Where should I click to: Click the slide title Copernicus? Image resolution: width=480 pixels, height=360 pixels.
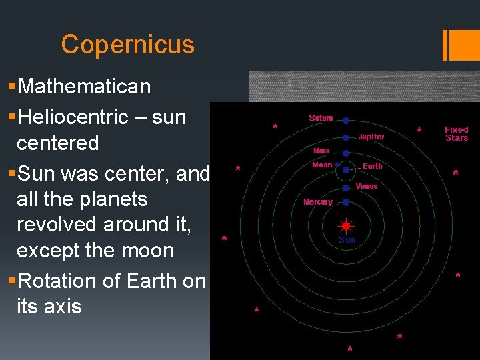127,45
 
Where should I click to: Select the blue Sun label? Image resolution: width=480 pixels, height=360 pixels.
347,239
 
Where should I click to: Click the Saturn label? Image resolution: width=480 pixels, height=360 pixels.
321,118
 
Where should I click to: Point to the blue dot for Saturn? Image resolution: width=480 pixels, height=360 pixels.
347,121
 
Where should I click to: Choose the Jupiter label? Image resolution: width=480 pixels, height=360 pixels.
371,137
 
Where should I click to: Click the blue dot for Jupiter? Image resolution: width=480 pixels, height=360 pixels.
347,137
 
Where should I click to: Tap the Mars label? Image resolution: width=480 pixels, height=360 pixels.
321,151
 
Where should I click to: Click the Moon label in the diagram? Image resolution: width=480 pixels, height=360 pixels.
322,165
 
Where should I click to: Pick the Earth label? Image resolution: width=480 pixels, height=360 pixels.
372,166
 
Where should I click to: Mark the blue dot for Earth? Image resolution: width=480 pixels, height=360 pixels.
347,170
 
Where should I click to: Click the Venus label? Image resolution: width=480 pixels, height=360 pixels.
367,187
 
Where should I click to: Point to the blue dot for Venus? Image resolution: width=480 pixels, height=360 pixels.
347,189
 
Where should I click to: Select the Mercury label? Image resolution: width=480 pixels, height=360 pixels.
318,201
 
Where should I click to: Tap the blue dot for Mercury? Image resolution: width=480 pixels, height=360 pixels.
347,201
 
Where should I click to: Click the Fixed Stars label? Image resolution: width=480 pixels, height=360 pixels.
457,133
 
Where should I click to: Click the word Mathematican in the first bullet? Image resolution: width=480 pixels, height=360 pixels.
85,87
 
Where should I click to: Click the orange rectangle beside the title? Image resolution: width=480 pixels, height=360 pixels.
462,45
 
